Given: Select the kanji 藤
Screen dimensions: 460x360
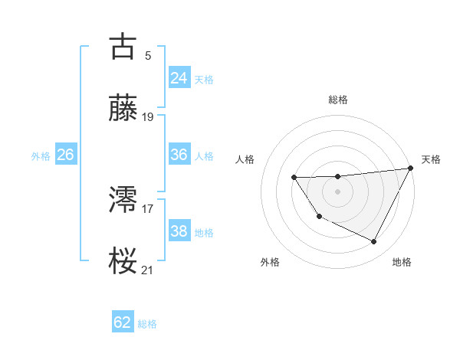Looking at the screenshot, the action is click(x=123, y=108).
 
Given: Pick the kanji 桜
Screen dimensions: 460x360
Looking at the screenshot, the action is click(x=123, y=260).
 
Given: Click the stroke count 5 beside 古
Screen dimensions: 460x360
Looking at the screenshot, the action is click(x=147, y=55).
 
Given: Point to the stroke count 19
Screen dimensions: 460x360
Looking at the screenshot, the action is click(x=148, y=117).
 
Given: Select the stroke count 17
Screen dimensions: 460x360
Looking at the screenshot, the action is click(x=148, y=208).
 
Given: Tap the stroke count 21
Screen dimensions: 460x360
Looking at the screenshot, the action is click(x=148, y=270).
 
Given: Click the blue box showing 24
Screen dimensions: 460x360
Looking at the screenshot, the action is click(x=179, y=77).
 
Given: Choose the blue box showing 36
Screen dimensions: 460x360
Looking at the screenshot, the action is click(x=179, y=155).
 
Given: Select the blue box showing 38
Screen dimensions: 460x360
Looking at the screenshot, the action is click(x=179, y=231).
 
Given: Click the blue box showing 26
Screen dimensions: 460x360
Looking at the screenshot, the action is click(x=65, y=155).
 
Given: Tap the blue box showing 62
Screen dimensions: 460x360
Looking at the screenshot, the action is click(x=123, y=322).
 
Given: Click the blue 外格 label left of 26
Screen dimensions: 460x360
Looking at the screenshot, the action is click(x=41, y=156).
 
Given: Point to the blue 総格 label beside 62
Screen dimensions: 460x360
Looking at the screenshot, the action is click(x=147, y=324).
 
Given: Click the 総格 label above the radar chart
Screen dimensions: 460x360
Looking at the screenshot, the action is click(x=338, y=100).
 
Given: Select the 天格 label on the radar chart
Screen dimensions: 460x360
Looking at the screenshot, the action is click(x=431, y=159).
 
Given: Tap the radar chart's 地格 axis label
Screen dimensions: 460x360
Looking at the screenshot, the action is click(x=402, y=262).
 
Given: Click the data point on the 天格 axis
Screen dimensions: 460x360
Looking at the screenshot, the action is click(x=412, y=169).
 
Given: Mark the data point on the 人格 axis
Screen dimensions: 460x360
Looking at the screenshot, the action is click(x=294, y=178).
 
